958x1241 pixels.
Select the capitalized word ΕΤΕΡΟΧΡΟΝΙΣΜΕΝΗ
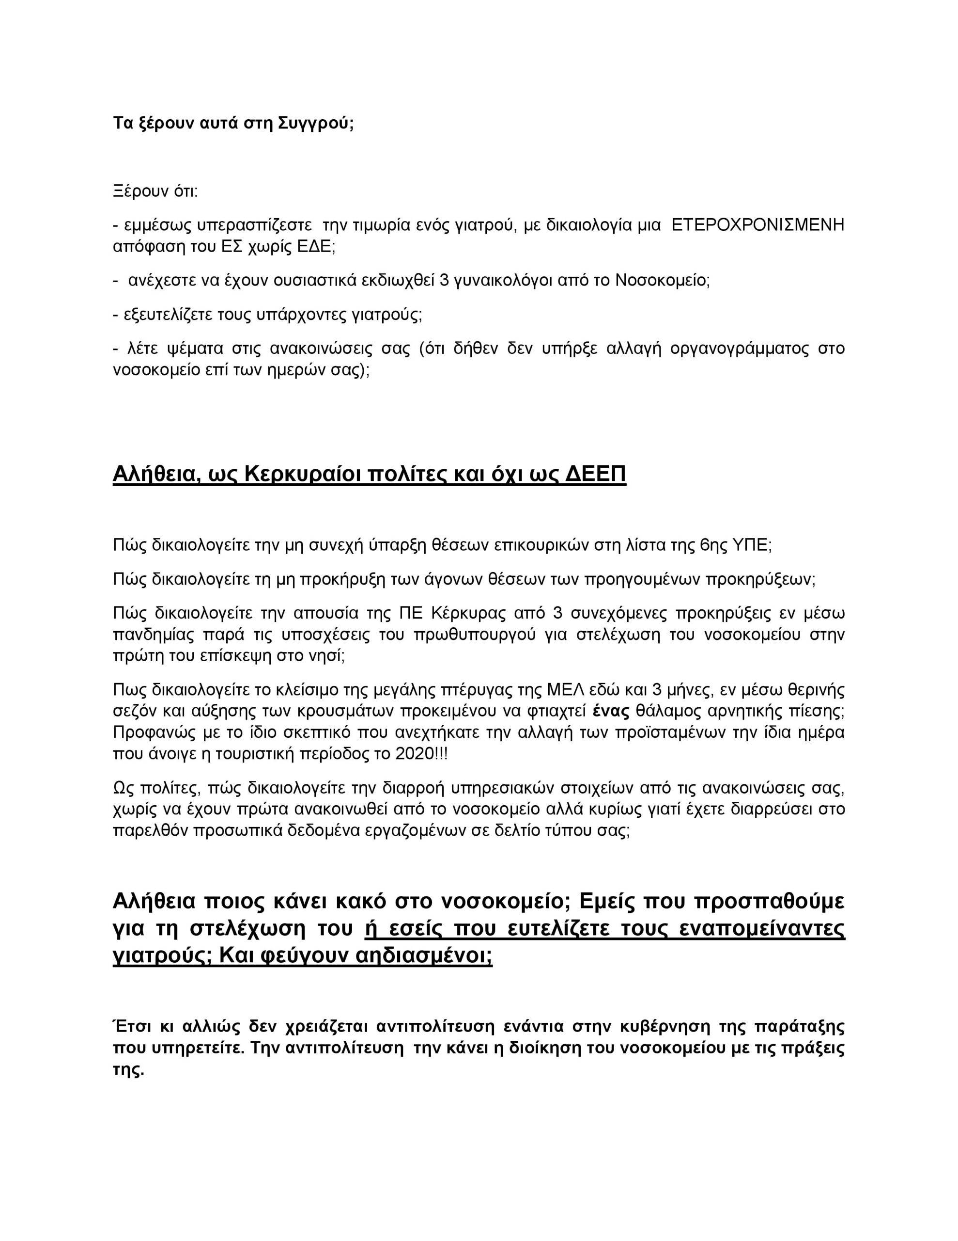(x=757, y=225)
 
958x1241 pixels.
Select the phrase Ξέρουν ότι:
(x=155, y=191)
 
